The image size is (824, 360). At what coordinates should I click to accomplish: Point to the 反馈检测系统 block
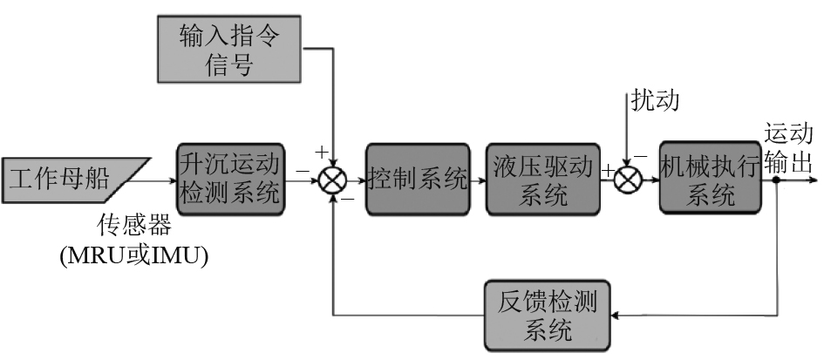pyautogui.click(x=548, y=315)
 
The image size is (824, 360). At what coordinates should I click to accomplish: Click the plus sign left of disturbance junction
pyautogui.click(x=607, y=171)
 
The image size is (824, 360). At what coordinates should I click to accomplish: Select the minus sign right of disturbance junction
pyautogui.click(x=643, y=157)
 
